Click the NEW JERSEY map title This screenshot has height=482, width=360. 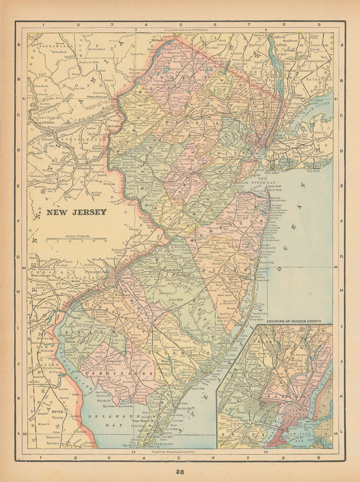tap(76, 212)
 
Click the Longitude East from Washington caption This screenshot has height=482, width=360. tap(186, 30)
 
